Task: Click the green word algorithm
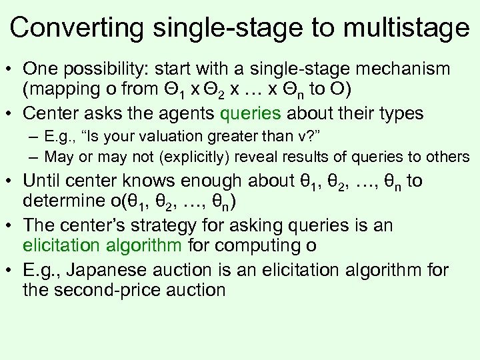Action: point(138,245)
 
